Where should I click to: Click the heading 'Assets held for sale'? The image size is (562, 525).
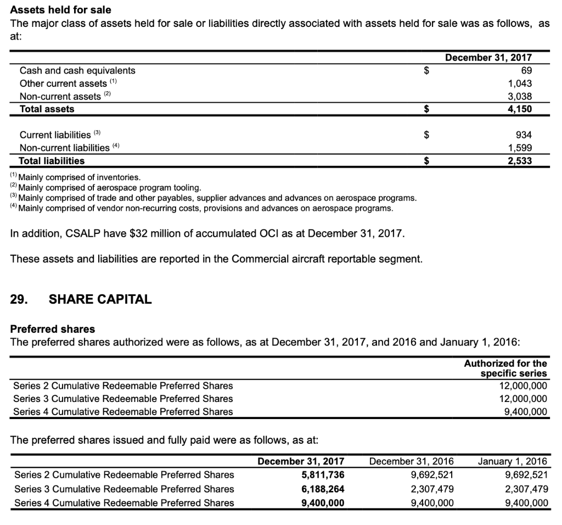(x=61, y=10)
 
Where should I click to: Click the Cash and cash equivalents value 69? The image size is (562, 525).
(x=526, y=70)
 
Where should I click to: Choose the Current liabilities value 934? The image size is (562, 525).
(x=523, y=135)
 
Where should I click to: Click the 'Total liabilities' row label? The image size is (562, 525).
(x=52, y=161)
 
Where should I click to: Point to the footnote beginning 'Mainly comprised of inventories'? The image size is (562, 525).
(x=79, y=177)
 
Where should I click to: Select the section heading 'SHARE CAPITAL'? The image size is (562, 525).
(x=100, y=299)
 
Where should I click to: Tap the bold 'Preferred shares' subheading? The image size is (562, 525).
(x=53, y=329)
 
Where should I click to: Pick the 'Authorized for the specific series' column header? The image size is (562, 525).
(x=505, y=368)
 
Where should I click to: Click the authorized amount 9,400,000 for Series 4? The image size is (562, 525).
(x=525, y=411)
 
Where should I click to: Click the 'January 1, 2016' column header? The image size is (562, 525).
(x=513, y=461)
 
